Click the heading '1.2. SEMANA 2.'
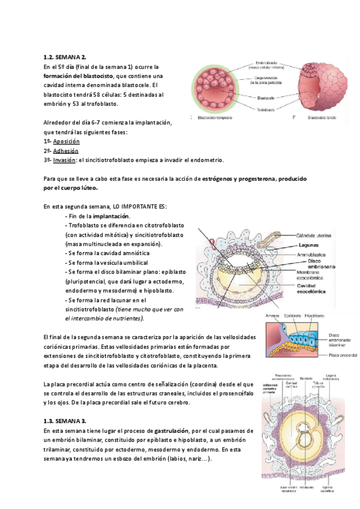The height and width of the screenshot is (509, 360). click(x=66, y=58)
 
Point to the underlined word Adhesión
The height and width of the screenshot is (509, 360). click(x=66, y=151)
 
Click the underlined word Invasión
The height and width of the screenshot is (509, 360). click(x=65, y=160)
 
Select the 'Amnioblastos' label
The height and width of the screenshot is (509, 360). click(x=314, y=254)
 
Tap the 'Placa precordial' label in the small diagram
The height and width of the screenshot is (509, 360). click(x=343, y=355)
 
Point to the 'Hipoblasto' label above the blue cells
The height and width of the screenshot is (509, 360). click(x=315, y=315)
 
